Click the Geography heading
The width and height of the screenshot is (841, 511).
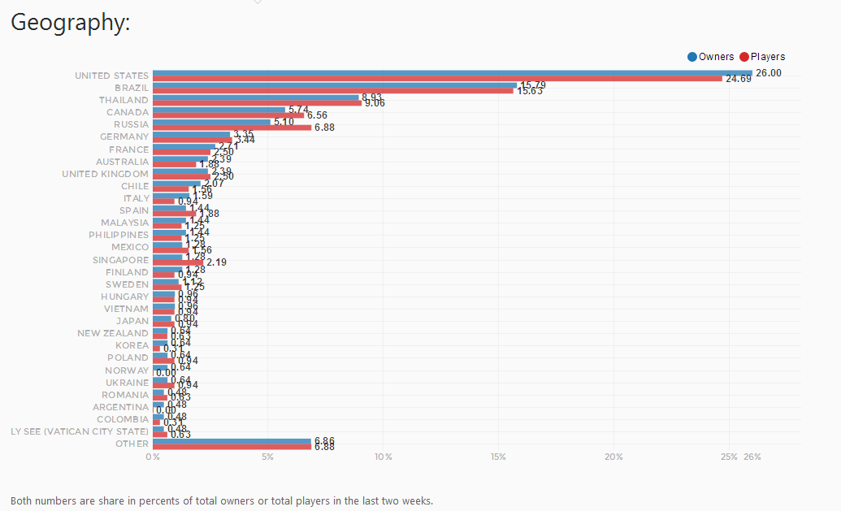(x=70, y=24)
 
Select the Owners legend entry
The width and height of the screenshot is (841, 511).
(x=711, y=57)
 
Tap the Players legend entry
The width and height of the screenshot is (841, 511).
(x=762, y=57)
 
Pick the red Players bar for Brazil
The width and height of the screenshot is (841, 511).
(x=333, y=91)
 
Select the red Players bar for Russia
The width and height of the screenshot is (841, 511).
(x=232, y=128)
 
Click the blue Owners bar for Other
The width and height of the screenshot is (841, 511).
(x=232, y=441)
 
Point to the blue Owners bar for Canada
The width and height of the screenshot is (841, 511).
(x=219, y=110)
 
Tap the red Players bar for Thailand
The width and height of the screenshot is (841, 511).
(x=257, y=103)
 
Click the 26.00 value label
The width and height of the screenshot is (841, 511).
(x=768, y=73)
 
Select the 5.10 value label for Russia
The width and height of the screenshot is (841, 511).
(x=284, y=122)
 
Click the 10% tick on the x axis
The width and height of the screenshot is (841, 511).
(x=383, y=457)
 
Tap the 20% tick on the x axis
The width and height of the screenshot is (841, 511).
(x=613, y=457)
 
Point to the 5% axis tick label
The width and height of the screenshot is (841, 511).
(x=267, y=457)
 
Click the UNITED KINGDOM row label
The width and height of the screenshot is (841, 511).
(x=105, y=174)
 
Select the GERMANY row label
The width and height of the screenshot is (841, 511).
(x=124, y=136)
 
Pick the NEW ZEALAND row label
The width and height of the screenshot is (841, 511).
(x=113, y=333)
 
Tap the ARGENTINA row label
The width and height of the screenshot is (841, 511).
(x=120, y=407)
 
